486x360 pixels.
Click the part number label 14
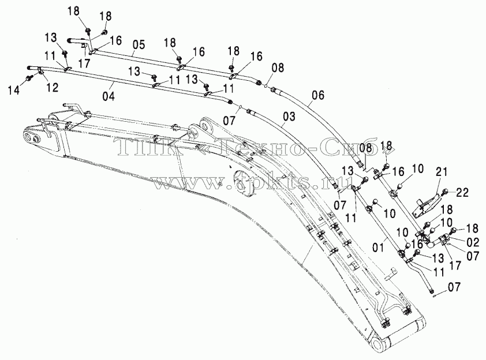14,90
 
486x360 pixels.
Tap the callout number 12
52,88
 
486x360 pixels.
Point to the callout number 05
139,45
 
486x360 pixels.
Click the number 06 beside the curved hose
318,95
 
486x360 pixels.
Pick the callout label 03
289,117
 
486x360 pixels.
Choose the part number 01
378,247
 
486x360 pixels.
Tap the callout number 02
472,242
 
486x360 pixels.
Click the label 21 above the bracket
442,172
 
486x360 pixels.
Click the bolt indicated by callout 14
31,77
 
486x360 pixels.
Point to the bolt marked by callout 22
445,192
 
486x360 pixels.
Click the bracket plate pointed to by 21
425,205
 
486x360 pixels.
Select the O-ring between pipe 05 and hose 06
266,87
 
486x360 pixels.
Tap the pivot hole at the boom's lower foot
380,345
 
